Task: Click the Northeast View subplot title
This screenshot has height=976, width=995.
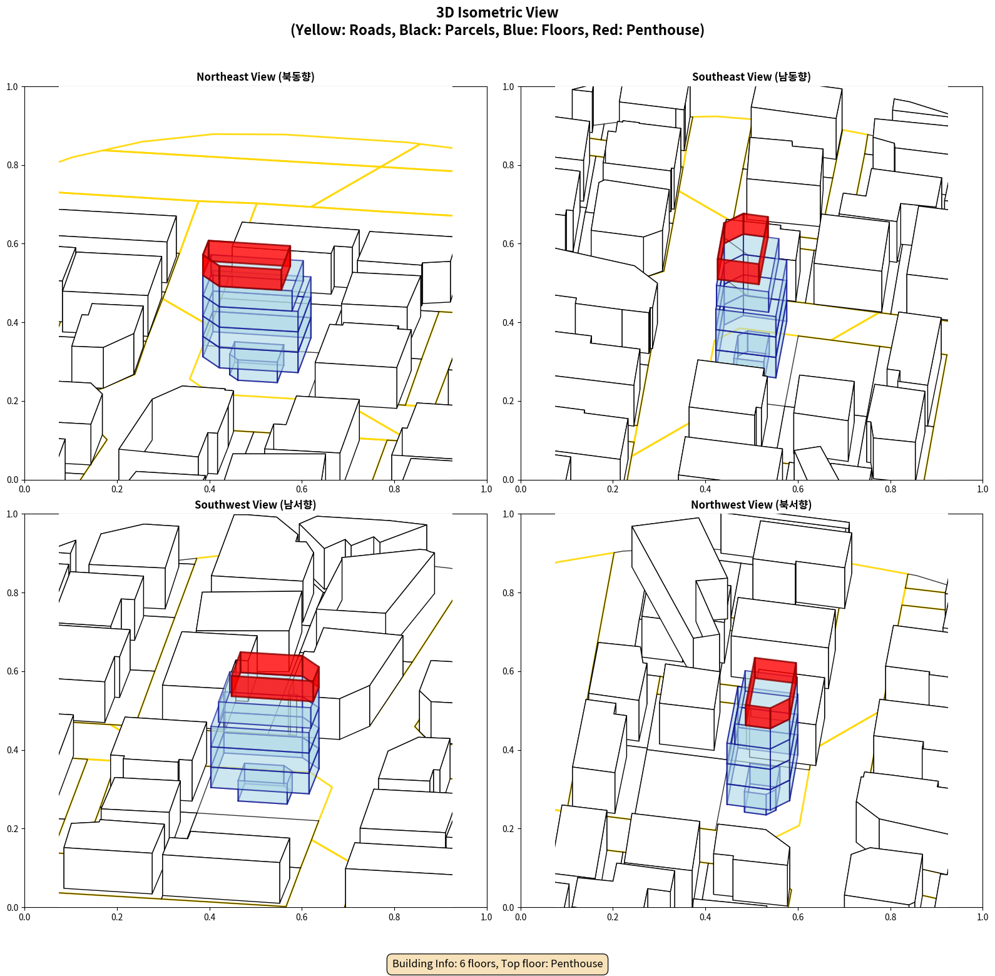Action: [255, 77]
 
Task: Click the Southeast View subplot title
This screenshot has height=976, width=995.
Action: [751, 77]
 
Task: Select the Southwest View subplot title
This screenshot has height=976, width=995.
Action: [255, 505]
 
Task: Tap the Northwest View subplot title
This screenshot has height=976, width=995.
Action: [751, 505]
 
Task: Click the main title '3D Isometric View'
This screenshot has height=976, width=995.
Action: [497, 13]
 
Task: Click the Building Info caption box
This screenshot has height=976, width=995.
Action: [497, 963]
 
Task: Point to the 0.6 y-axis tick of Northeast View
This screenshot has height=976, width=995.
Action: [13, 244]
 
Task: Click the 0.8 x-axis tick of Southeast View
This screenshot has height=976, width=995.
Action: [890, 489]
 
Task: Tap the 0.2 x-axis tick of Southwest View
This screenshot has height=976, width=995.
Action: [117, 917]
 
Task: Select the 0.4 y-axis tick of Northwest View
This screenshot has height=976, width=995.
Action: [508, 750]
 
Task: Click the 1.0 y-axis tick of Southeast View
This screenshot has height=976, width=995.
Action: [508, 87]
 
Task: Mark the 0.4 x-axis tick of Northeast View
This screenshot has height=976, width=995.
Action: [210, 489]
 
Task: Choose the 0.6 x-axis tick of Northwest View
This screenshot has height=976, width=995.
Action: [798, 917]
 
